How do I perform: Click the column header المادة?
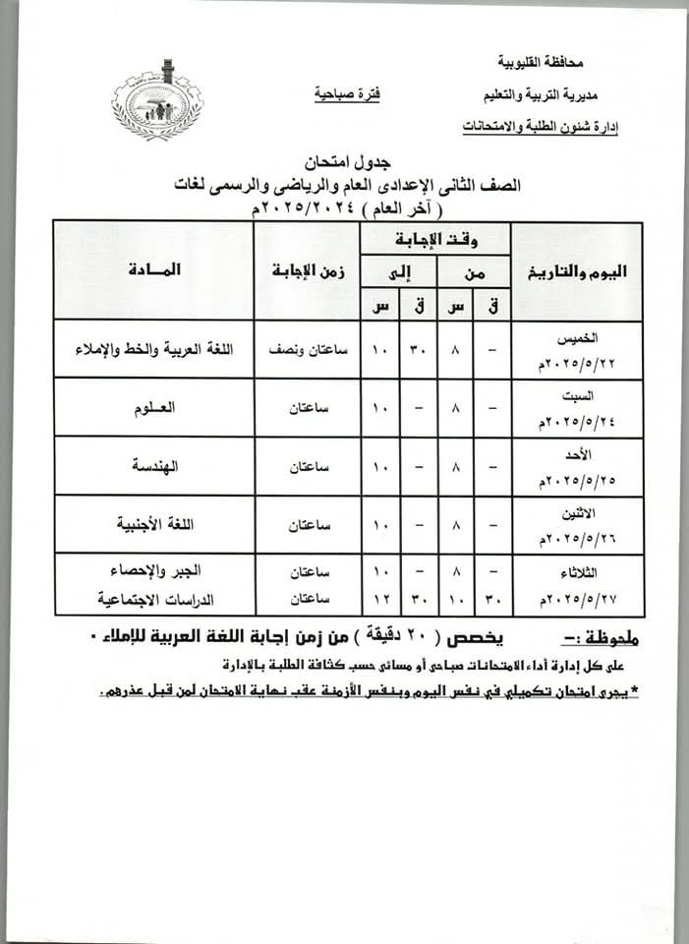(x=153, y=269)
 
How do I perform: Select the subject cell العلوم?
(x=152, y=406)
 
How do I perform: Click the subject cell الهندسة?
(x=152, y=465)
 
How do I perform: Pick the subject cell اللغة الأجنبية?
(x=152, y=524)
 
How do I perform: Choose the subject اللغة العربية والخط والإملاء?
(x=152, y=348)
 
